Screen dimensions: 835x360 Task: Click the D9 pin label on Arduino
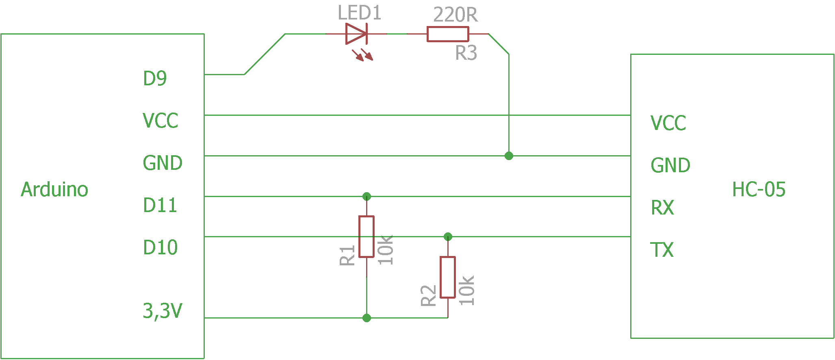[x=155, y=78]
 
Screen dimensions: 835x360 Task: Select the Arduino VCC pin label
[x=160, y=121]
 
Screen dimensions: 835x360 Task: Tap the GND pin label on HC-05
[x=670, y=165]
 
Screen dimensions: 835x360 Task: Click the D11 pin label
[x=160, y=205]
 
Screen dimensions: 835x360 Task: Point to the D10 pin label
[x=160, y=247]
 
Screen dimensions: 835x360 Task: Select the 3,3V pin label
[x=163, y=311]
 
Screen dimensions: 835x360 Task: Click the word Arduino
[x=54, y=189]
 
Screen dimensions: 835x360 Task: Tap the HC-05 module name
[x=759, y=189]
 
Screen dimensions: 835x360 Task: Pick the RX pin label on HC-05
[x=662, y=208]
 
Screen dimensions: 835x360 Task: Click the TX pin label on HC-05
[x=662, y=250]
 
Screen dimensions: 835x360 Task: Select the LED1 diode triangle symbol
[x=356, y=34]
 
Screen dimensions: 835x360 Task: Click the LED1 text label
[x=360, y=13]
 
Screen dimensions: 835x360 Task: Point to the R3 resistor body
[x=448, y=34]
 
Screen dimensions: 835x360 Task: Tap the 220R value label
[x=455, y=15]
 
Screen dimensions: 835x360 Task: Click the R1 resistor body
[x=367, y=237]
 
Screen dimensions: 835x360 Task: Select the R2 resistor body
[x=448, y=278]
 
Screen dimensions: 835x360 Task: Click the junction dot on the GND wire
[x=509, y=156]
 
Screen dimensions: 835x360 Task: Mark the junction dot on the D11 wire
[x=367, y=197]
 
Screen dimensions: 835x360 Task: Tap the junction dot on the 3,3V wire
[x=367, y=318]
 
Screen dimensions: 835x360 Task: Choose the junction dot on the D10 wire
[x=448, y=236]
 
